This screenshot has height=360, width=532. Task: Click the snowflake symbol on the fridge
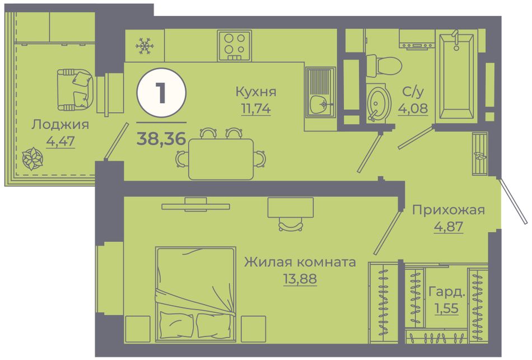[145, 46]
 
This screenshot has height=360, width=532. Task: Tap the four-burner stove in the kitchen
[235, 46]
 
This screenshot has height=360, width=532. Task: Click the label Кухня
[256, 92]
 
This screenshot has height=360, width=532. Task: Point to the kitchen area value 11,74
[256, 109]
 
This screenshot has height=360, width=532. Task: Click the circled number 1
[161, 92]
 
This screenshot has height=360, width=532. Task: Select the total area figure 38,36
[161, 138]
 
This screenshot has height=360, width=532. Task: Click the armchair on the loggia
[75, 90]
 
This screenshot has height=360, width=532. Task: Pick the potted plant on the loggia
[32, 158]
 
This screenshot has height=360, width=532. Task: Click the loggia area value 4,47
[60, 141]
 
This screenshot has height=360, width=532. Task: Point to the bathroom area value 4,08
[413, 109]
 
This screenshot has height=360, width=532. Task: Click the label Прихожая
[449, 211]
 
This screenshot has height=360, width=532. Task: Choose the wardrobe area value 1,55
[447, 308]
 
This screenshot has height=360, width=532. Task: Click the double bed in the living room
[196, 294]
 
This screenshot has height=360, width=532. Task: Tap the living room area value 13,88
[300, 279]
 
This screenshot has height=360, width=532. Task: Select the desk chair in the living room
[291, 225]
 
